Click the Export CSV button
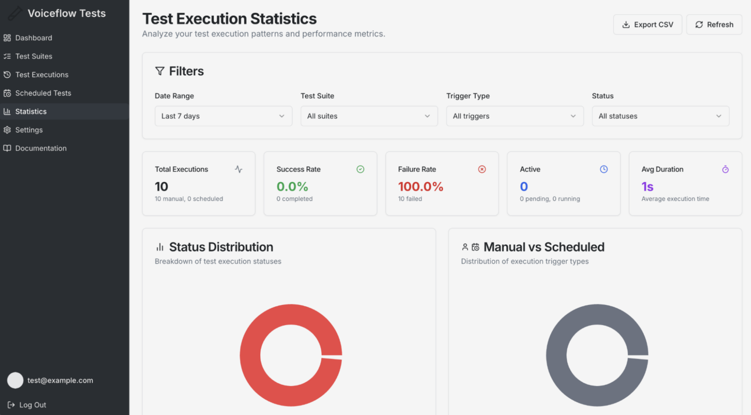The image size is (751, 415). click(647, 24)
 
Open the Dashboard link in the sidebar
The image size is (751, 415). click(33, 38)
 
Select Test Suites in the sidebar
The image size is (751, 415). click(33, 56)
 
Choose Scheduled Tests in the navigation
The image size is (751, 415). click(43, 93)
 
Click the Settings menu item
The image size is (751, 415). click(29, 130)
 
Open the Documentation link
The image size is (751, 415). click(41, 148)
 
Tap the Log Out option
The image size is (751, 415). click(32, 405)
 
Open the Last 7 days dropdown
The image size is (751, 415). click(223, 116)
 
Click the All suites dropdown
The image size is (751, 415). click(369, 116)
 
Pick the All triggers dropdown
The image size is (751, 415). click(515, 116)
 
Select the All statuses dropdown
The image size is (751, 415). click(660, 116)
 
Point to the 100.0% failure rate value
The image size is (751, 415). click(421, 187)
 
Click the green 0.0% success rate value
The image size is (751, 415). click(292, 187)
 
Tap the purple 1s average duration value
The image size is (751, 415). click(647, 187)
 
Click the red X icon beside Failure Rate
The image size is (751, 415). click(482, 169)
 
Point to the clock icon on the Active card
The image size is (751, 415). click(604, 169)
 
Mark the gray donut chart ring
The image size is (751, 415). click(557, 356)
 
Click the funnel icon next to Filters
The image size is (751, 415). click(160, 71)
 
